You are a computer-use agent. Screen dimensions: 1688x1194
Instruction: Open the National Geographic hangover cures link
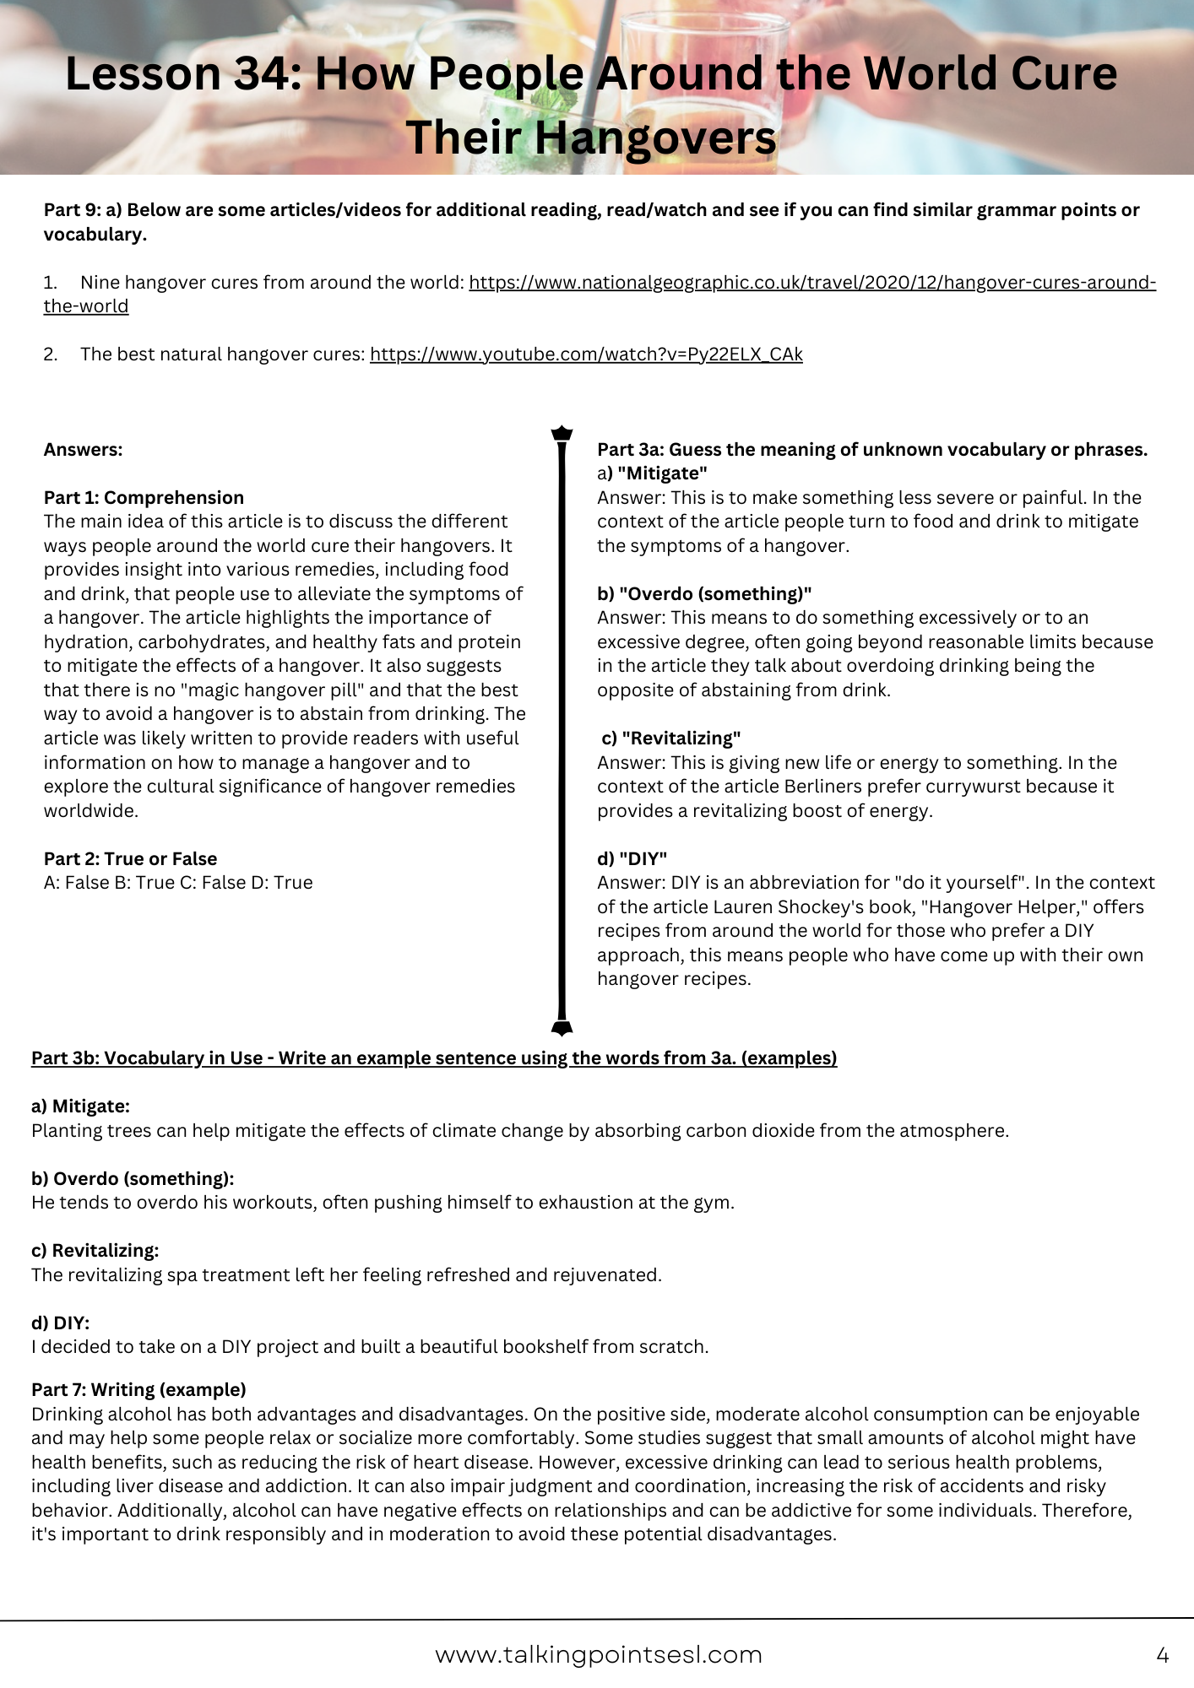tap(811, 283)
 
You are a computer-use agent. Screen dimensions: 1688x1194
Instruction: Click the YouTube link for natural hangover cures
tap(586, 354)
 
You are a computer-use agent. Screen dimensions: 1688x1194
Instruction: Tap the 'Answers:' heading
tap(83, 450)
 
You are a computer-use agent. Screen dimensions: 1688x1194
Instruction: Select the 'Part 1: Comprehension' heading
tap(144, 498)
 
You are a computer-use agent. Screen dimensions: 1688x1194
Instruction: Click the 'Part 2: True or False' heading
tap(130, 859)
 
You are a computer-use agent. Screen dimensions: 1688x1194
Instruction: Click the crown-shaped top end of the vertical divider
tap(562, 434)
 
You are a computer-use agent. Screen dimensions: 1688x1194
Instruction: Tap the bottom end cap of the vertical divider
tap(562, 1027)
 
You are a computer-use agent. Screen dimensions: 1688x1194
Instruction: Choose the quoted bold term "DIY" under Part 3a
tap(643, 859)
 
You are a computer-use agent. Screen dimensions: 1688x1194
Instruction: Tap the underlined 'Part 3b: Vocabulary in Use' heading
tap(434, 1058)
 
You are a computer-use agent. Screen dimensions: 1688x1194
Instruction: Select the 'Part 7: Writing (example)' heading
tap(138, 1390)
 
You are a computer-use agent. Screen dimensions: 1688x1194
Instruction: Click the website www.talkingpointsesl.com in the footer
tap(598, 1655)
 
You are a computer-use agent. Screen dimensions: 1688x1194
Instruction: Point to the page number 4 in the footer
tap(1162, 1656)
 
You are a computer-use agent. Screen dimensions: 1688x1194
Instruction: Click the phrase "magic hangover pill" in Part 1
tap(279, 690)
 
